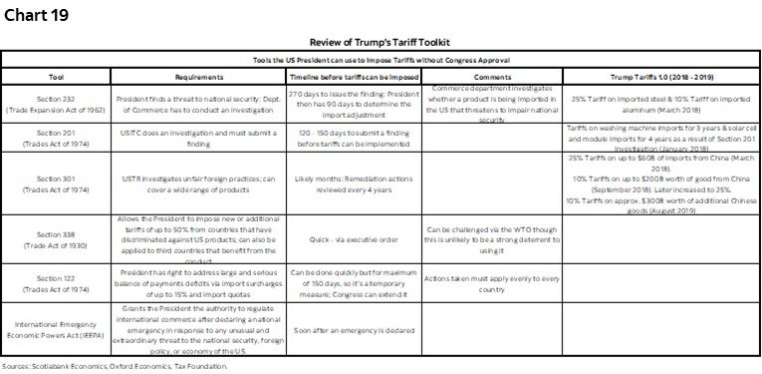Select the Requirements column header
197,76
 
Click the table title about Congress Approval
381,61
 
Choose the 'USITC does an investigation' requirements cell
197,139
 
